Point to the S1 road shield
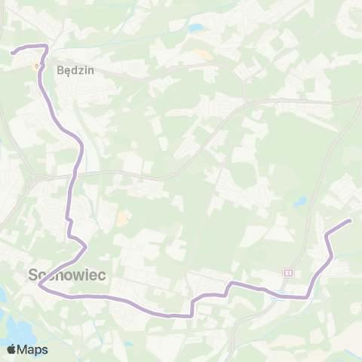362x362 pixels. tap(288, 271)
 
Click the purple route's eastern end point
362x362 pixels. tap(350, 220)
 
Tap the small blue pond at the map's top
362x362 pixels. tap(196, 28)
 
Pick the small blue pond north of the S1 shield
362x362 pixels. tap(301, 202)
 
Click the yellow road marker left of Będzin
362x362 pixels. tap(35, 66)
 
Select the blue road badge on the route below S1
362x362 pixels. tap(277, 296)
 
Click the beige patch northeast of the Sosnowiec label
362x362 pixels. tap(121, 219)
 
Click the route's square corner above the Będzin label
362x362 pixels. tap(47, 47)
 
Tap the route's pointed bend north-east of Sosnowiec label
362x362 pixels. tap(87, 247)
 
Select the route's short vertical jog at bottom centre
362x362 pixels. tap(193, 308)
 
